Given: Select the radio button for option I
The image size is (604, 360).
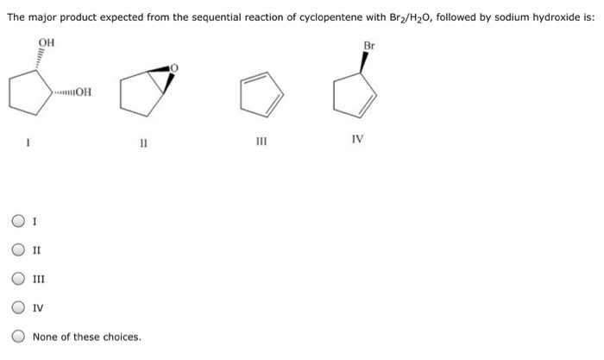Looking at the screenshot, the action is [18, 222].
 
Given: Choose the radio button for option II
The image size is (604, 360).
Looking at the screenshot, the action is [18, 250].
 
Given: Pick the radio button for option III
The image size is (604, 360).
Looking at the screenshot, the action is [18, 279].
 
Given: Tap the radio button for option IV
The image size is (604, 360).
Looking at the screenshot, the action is [18, 307].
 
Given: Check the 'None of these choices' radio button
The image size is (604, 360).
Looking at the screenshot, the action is [18, 337].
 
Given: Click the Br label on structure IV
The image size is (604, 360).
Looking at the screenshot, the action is [369, 44].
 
